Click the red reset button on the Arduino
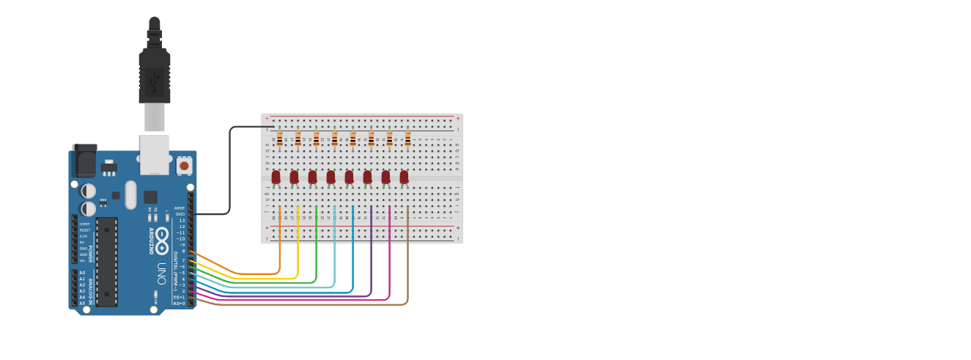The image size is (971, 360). (184, 166)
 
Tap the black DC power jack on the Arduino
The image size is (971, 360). (84, 161)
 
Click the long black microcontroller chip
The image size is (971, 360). (106, 261)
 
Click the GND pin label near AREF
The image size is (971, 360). (181, 213)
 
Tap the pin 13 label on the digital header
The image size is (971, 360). (182, 220)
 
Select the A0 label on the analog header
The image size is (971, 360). (82, 272)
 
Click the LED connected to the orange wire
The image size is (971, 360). (276, 177)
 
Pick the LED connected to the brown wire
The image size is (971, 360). (404, 177)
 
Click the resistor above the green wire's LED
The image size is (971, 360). (317, 139)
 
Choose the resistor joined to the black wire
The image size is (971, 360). (280, 139)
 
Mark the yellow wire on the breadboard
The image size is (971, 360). (298, 242)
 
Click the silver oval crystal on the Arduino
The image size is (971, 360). (130, 194)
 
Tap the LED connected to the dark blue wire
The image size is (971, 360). (349, 177)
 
